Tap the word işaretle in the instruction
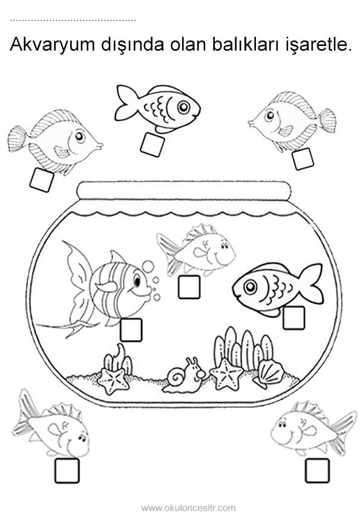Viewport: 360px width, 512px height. [x=315, y=45]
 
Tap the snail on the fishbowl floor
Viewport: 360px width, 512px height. [x=184, y=375]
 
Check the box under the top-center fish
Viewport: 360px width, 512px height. [x=152, y=144]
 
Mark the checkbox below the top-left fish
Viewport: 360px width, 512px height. [x=42, y=180]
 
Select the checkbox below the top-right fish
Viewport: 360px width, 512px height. [x=303, y=159]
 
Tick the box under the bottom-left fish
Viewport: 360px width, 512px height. [x=67, y=470]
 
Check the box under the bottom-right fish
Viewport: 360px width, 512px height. [x=317, y=470]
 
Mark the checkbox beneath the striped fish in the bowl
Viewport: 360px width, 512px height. [x=131, y=330]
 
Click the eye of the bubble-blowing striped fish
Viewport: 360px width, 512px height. [x=137, y=281]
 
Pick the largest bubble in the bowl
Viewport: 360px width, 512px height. [x=148, y=266]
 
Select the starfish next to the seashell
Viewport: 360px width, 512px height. [x=226, y=374]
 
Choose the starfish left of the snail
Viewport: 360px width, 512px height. [x=113, y=380]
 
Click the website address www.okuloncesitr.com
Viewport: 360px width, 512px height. [x=189, y=508]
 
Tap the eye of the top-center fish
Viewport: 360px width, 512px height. [x=184, y=107]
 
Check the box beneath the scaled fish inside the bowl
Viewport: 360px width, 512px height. [x=293, y=318]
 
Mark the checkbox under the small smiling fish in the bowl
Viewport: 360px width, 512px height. [x=189, y=287]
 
